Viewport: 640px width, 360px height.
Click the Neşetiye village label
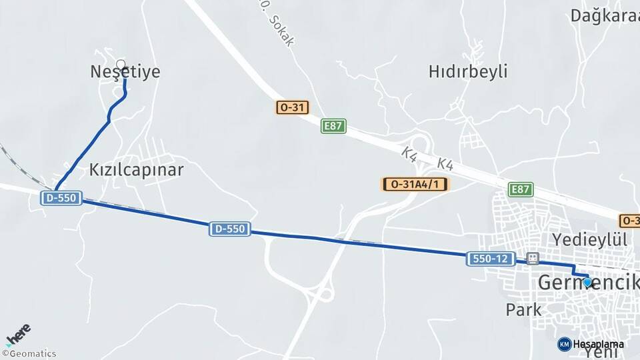[x=125, y=72]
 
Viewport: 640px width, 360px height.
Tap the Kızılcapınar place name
[x=136, y=169]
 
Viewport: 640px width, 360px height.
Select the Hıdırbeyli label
[x=468, y=71]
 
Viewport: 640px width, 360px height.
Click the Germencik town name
[x=587, y=283]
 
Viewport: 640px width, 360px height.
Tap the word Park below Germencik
[x=523, y=309]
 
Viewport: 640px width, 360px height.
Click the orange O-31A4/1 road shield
[x=415, y=184]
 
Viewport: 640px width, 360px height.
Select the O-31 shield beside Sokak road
[x=293, y=107]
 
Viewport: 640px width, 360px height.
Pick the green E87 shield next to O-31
[x=333, y=126]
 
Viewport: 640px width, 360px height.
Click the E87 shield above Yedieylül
[x=521, y=189]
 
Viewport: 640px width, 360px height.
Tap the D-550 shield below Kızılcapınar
[x=61, y=198]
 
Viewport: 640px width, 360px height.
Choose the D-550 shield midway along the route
[x=230, y=229]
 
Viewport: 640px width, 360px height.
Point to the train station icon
[x=532, y=258]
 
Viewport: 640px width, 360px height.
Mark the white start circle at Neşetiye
[x=121, y=65]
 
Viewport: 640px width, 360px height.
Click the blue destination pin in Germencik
[x=587, y=282]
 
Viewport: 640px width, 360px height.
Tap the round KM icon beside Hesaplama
[x=564, y=344]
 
